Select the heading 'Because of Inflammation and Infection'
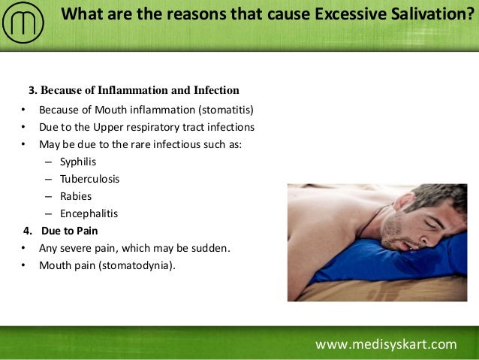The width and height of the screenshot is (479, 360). coord(140,91)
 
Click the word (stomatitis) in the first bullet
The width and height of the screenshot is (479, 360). coord(224,109)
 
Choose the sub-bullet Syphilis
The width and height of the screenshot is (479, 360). coord(78,162)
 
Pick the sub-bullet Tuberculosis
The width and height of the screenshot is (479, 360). coord(89,179)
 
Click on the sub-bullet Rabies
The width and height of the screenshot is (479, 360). coord(76,196)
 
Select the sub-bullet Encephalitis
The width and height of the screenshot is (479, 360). coord(89,213)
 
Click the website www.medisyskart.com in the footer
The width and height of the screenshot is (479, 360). coord(385,344)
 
